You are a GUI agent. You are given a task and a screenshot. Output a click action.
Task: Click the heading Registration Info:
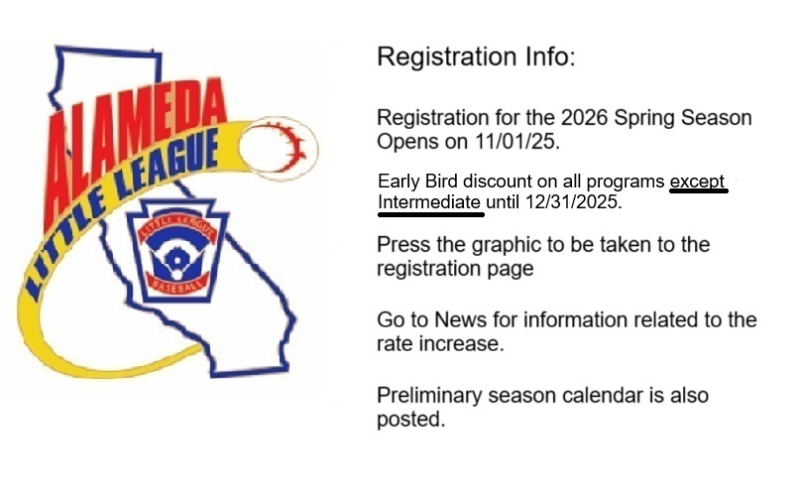475,57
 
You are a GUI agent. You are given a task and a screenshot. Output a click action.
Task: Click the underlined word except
698,183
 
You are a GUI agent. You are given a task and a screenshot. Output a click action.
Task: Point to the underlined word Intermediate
430,203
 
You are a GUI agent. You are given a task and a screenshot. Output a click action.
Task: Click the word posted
408,421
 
